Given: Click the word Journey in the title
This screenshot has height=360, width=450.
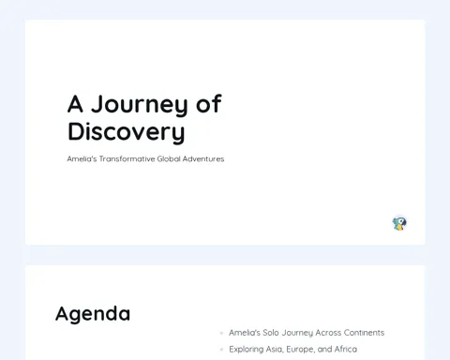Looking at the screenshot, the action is point(140,105).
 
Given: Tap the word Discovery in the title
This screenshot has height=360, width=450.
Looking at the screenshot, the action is point(127,132).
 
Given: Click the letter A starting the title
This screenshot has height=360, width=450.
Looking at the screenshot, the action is point(75,104).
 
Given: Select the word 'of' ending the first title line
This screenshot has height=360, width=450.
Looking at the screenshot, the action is point(209,103).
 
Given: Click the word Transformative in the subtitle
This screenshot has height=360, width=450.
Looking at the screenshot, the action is point(127,158).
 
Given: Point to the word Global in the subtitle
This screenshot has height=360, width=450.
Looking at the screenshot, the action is point(169,158).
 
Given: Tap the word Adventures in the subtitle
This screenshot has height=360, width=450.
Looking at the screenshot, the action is point(203,158).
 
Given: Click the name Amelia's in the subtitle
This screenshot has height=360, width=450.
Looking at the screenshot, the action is point(82,158).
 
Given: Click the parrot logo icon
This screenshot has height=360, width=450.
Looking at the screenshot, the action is point(399,224).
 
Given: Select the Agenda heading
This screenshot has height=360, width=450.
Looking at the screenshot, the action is point(93,314).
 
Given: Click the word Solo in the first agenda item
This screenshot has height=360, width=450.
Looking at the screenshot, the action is point(271,333).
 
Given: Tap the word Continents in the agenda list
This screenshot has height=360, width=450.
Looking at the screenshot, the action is point(364,333).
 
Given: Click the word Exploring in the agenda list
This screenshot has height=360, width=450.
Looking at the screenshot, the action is point(247,350).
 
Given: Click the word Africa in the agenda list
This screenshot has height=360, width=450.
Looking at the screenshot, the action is point(346,349).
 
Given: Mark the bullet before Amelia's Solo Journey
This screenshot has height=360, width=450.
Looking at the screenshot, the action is point(221,333).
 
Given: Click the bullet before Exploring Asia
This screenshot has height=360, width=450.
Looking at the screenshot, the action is point(221,350).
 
